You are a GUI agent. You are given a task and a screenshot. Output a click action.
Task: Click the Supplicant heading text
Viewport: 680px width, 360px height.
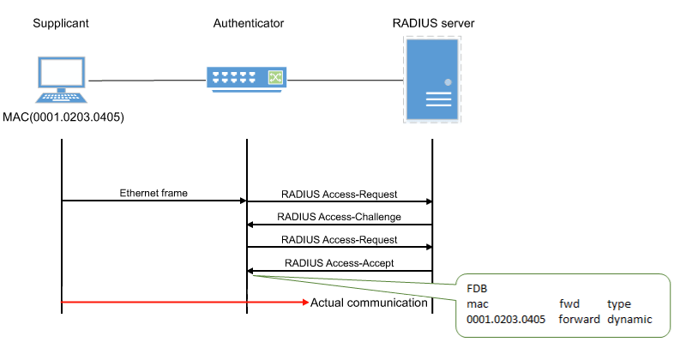click(62, 21)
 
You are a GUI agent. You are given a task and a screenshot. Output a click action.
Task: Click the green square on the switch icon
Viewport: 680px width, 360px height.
click(275, 79)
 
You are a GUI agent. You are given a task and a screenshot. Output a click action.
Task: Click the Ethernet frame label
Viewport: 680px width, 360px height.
click(148, 193)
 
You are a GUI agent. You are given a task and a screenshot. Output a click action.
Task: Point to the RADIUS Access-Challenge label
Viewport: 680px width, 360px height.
click(340, 217)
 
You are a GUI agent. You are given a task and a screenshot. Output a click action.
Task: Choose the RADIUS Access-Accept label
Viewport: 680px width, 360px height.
click(339, 263)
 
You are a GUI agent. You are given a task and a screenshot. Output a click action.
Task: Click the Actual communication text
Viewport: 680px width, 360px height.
click(369, 303)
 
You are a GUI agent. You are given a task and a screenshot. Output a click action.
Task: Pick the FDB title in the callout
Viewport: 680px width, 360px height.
click(478, 288)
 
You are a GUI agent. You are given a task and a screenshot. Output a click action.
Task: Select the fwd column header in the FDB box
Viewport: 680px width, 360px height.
click(569, 303)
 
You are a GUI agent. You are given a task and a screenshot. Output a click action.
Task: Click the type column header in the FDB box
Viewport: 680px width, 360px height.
click(619, 303)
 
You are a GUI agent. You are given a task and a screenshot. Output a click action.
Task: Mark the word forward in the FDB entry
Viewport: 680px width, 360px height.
click(578, 319)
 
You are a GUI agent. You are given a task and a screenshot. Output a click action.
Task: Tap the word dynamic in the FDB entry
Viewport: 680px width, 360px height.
click(629, 319)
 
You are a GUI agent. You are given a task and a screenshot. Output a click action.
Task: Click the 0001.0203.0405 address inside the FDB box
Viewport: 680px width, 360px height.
click(505, 319)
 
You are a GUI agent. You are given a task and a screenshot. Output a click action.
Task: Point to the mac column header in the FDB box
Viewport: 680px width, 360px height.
click(477, 303)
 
